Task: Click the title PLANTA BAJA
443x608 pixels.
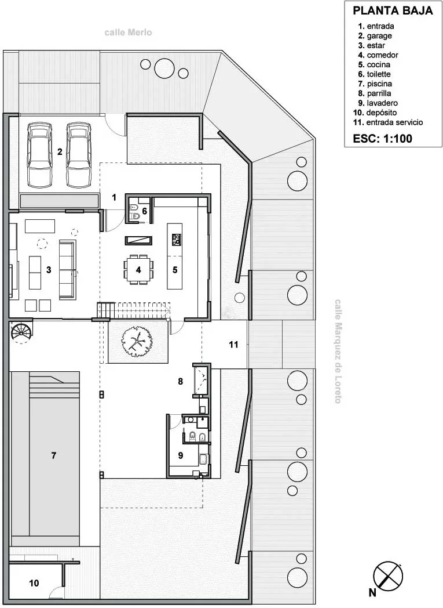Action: [393, 10]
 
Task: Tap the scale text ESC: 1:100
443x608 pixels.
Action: [382, 139]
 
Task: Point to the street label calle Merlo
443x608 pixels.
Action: [128, 32]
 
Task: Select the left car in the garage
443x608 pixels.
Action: [39, 154]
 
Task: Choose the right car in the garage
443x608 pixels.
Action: [78, 154]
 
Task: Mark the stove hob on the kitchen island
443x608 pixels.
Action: [176, 239]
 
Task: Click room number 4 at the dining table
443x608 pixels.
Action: [138, 270]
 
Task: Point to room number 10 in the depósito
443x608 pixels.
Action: [34, 582]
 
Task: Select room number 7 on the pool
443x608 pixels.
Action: [53, 456]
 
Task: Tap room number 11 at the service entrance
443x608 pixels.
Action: [233, 345]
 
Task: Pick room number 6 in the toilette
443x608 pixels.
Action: [145, 211]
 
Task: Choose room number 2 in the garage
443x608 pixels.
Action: [59, 153]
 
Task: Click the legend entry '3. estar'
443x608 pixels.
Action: [371, 46]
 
